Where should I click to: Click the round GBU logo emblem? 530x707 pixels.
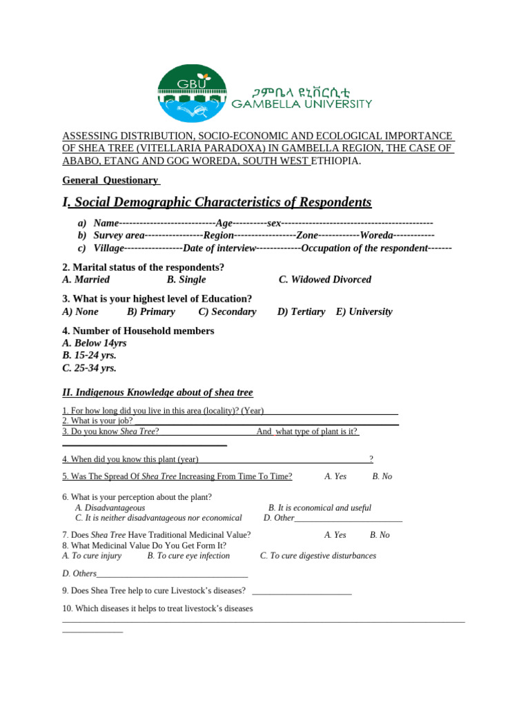tap(192, 94)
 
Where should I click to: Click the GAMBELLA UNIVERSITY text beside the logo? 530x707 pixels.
tap(301, 104)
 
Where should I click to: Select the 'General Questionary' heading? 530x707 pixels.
tap(110, 180)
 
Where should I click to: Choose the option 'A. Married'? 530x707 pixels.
tap(86, 280)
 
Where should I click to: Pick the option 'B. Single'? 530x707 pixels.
tap(186, 280)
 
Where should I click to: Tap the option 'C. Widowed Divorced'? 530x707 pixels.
tap(324, 280)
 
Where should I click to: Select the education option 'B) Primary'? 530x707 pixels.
tap(151, 311)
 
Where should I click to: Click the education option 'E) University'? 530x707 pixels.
tap(364, 311)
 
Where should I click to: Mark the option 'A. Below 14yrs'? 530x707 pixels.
tap(95, 343)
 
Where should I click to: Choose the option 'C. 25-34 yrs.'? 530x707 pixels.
tap(89, 368)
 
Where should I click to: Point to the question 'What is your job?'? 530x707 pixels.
tap(98, 421)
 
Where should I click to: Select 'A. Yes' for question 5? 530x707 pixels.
tap(335, 476)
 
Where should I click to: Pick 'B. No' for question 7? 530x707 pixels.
tap(380, 535)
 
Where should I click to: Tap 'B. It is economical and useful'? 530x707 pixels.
tap(320, 508)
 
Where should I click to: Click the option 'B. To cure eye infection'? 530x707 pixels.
tap(188, 556)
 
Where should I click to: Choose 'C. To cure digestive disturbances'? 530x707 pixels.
tap(317, 556)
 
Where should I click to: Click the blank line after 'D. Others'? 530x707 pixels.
tap(173, 574)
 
